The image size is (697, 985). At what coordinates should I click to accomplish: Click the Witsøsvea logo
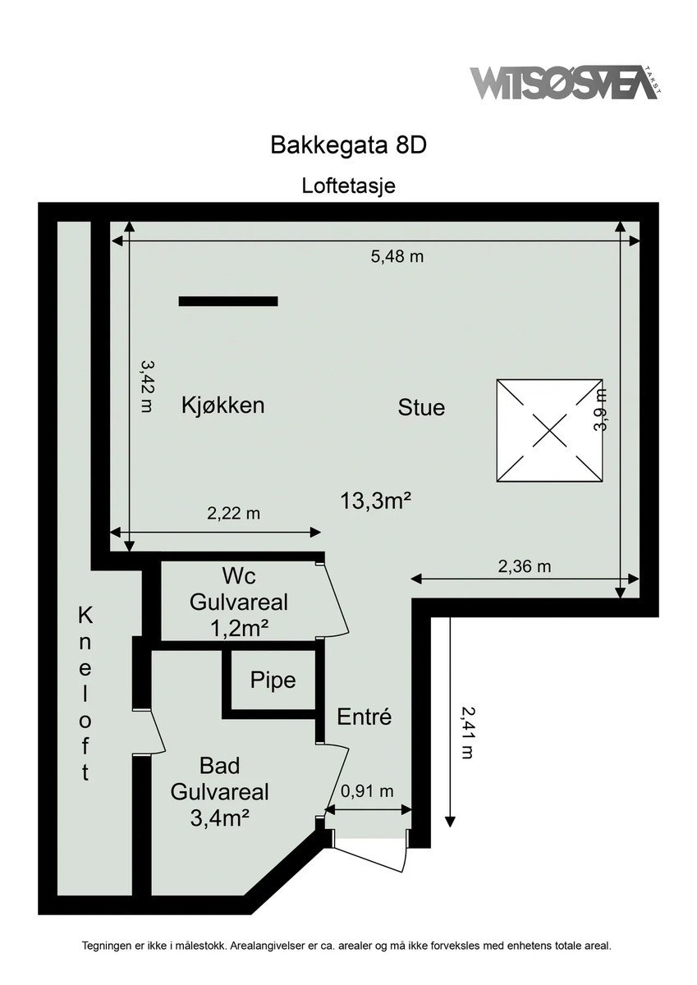(565, 83)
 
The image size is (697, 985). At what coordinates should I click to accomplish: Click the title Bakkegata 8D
(349, 145)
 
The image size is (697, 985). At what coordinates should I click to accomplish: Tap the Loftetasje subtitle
(349, 186)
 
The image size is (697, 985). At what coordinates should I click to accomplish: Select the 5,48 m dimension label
(397, 256)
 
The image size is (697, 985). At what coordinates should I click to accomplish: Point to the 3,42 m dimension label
(147, 386)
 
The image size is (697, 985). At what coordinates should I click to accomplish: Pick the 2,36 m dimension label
(524, 566)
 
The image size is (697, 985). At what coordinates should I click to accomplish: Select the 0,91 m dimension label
(367, 791)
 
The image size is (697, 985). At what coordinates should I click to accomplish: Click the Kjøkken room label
(222, 405)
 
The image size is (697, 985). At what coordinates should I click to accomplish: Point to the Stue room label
(421, 407)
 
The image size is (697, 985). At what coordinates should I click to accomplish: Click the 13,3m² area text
(375, 500)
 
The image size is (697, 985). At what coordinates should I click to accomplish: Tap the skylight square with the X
(550, 430)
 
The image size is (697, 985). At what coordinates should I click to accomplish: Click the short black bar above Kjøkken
(228, 301)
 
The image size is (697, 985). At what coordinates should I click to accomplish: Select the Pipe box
(273, 680)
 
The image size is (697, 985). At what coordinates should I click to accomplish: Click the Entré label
(365, 717)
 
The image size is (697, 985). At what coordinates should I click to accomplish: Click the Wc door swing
(337, 599)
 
